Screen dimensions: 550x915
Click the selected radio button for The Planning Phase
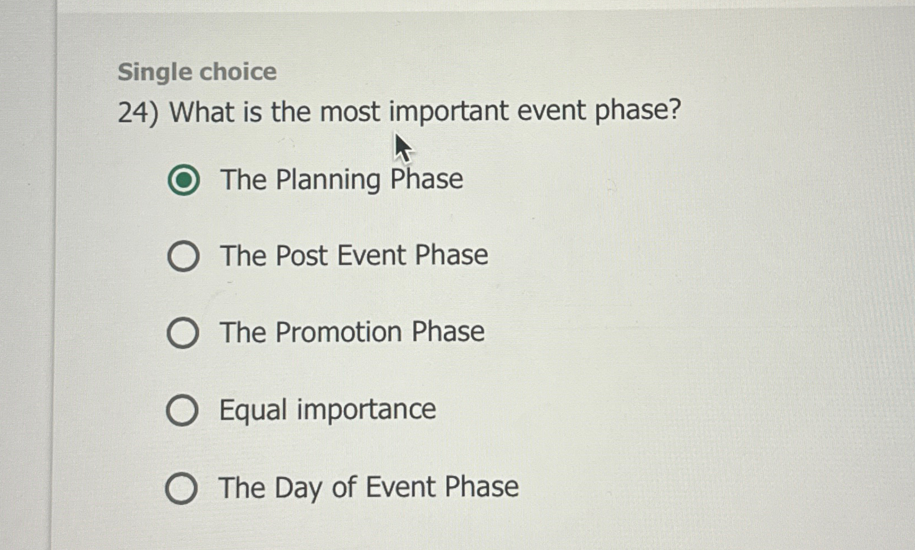click(184, 180)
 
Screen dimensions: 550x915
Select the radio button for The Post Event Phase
click(184, 256)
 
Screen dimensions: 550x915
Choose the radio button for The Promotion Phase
click(183, 333)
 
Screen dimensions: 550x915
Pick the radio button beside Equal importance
click(182, 411)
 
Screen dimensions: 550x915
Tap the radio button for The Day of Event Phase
click(181, 488)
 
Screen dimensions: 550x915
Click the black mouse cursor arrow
click(402, 148)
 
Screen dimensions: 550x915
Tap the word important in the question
click(448, 112)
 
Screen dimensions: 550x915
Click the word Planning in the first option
click(328, 180)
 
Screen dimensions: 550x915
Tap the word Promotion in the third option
click(339, 332)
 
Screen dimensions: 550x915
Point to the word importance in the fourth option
click(366, 410)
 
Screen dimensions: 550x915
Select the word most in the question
click(350, 112)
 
